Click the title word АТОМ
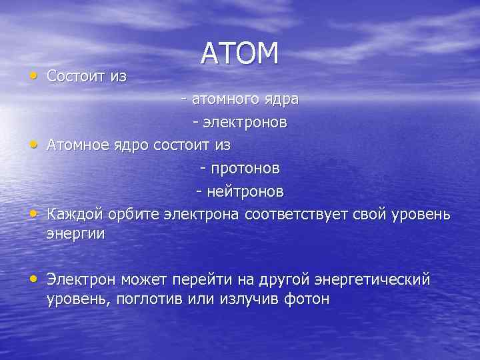239,54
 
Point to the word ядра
281,100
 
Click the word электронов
244,123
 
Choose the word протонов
244,168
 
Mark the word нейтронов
244,191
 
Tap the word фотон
306,298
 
